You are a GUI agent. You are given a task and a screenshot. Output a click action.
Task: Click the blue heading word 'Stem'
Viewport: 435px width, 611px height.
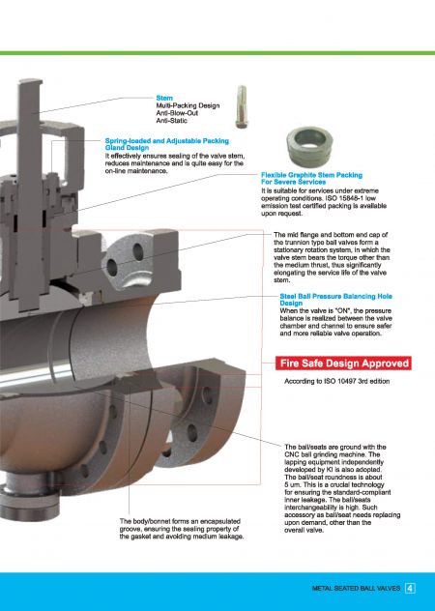163,98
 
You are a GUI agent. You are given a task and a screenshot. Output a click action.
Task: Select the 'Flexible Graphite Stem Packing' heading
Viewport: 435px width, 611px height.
307,176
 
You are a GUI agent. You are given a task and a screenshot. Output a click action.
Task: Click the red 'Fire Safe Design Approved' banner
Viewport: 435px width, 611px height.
343,364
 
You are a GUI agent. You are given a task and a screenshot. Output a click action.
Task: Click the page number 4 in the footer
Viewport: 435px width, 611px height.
410,587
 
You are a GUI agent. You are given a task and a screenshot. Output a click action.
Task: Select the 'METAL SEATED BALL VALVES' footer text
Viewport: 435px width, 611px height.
357,587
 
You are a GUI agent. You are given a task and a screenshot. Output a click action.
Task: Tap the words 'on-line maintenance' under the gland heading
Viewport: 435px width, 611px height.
141,171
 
